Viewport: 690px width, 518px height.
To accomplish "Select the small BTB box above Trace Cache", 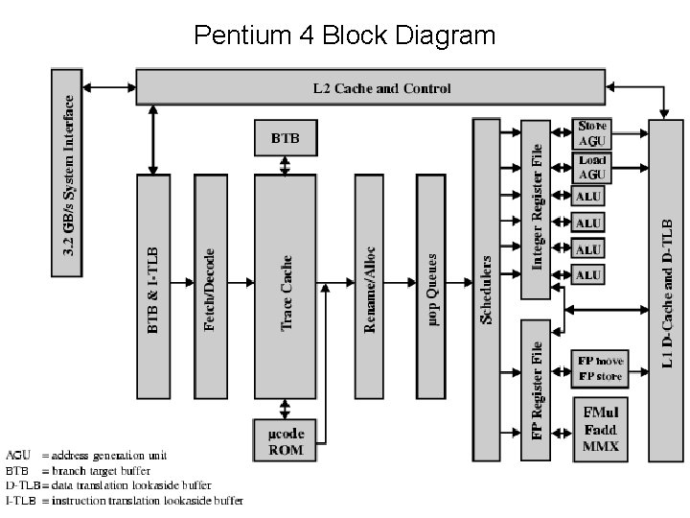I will pyautogui.click(x=285, y=138).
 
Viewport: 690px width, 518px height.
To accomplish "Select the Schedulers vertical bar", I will pyautogui.click(x=486, y=288).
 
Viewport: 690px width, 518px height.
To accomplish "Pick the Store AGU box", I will pyautogui.click(x=592, y=133).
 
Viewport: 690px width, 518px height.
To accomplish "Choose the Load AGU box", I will pyautogui.click(x=592, y=167).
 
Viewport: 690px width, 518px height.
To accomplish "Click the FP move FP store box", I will pyautogui.click(x=600, y=368).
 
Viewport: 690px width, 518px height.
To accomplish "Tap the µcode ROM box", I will pyautogui.click(x=284, y=440).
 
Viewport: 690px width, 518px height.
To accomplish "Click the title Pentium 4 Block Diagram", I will pyautogui.click(x=344, y=36).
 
